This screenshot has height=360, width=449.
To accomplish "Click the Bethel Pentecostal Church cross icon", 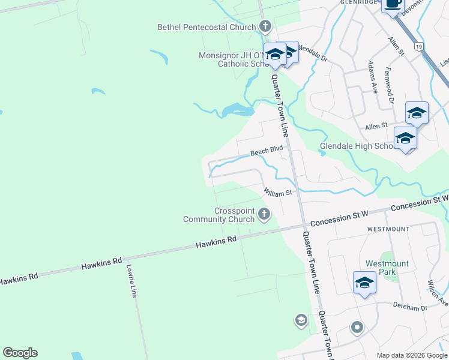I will [x=265, y=26].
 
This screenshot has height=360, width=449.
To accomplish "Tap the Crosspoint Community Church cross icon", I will [x=264, y=214].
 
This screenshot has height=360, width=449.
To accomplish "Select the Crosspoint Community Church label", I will [x=218, y=215].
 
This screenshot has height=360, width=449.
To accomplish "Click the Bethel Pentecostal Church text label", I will [x=206, y=27].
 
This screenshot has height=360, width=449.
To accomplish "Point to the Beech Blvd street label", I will [x=266, y=152].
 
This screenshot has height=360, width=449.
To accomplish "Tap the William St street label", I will [x=277, y=192].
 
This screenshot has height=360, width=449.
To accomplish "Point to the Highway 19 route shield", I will [x=418, y=46].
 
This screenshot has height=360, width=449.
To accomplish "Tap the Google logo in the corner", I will [x=20, y=353].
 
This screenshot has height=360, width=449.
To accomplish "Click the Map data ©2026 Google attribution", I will [x=412, y=355].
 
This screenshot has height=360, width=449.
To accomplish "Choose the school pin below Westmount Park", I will [x=364, y=283].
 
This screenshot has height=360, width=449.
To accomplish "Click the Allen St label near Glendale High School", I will [x=376, y=128].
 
